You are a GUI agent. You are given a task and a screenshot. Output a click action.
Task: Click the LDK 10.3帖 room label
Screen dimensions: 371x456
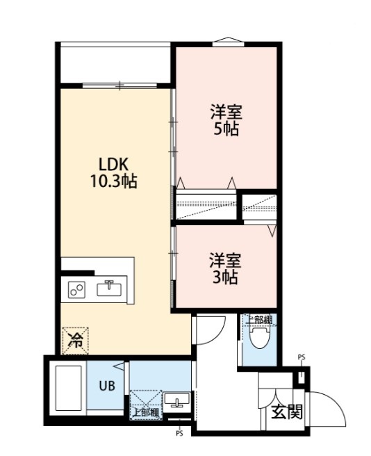point(113,173)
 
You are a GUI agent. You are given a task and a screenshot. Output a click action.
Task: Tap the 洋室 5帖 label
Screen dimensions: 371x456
point(226,120)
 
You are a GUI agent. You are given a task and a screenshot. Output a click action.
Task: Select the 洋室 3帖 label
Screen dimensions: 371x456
point(225,269)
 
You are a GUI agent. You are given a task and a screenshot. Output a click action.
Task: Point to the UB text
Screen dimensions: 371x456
point(107,386)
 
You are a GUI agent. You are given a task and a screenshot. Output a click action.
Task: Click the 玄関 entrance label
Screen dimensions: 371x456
point(287,412)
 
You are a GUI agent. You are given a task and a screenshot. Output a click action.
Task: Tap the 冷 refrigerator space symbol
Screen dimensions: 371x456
point(75,341)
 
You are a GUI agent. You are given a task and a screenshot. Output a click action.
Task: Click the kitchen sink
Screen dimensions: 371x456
point(109,289)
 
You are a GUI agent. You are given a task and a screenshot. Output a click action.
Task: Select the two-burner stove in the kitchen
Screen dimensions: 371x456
point(76,290)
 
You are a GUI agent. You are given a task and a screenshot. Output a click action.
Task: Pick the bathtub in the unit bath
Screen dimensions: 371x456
point(68,388)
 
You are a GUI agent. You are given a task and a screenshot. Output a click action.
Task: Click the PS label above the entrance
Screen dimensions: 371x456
point(302,357)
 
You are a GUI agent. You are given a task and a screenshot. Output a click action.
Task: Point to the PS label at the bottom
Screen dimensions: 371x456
point(179,434)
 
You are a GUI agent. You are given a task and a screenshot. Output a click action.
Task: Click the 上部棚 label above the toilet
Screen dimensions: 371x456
point(258,320)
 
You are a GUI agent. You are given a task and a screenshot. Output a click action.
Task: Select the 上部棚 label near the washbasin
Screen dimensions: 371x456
point(146,413)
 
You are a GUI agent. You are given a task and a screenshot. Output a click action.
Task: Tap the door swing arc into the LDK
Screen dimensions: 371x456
point(217,335)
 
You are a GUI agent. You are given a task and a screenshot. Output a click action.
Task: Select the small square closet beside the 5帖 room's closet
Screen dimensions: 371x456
point(259,207)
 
